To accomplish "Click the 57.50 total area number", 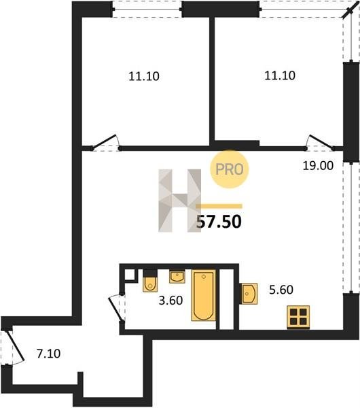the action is point(219,222).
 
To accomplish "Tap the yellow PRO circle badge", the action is point(230,169).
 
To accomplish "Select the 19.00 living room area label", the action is point(318,166).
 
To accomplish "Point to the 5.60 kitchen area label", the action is point(281,290).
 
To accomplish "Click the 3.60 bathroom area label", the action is point(170,301).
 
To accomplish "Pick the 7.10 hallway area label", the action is point(49,354).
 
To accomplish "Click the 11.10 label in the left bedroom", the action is point(144,76).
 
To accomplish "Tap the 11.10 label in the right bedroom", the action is point(280,75).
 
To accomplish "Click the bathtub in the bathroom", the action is point(204,295).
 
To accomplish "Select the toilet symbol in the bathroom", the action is point(150,280).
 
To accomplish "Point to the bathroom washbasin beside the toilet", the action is point(177,277).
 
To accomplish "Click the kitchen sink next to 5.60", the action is point(249,294).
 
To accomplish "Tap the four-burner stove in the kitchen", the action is point(298,317).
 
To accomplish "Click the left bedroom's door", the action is point(105,142).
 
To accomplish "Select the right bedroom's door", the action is point(321,143).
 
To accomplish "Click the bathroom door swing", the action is point(116,308).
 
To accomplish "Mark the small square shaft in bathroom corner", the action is point(130,275).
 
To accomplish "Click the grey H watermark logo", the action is point(180,201).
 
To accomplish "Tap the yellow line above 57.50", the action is point(219,206).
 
